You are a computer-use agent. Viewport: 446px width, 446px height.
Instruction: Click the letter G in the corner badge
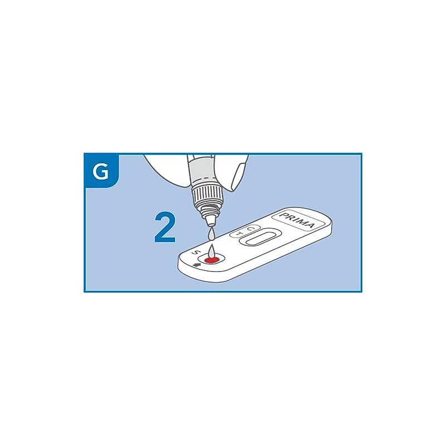101,172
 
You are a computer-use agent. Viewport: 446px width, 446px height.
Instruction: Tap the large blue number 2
165,227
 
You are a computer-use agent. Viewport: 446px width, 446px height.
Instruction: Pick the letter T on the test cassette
240,234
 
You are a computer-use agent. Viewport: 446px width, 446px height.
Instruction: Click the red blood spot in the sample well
211,259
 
